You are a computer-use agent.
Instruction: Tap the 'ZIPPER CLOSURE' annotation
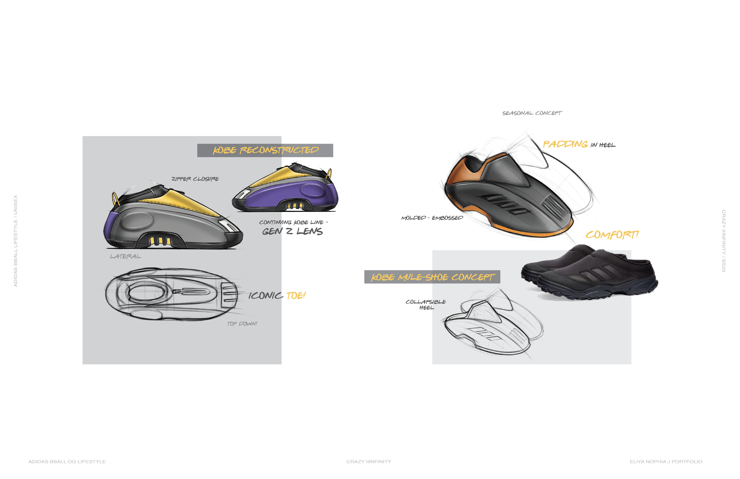pos(195,179)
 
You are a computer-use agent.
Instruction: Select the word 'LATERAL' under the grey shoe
pos(125,257)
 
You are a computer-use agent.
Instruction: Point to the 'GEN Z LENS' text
pos(292,232)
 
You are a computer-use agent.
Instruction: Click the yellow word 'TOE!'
pos(295,295)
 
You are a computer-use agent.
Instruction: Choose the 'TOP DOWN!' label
pos(242,324)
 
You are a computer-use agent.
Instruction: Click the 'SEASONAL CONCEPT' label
pos(532,113)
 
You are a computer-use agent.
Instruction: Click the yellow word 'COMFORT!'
pos(612,235)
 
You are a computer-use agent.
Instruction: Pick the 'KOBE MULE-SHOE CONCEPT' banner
pos(432,277)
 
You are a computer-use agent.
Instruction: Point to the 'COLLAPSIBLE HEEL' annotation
pos(426,305)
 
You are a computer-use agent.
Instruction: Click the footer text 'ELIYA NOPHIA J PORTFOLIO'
pos(666,462)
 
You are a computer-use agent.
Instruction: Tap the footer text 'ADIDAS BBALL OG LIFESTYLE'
pos(67,462)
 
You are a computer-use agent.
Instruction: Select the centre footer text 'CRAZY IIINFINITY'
pos(369,462)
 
